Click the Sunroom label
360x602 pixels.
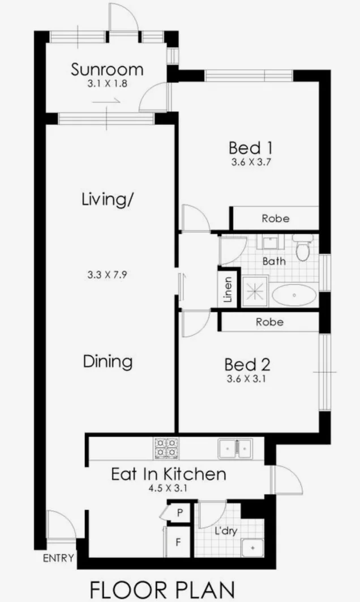pos(106,70)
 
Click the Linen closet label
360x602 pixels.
pos(228,291)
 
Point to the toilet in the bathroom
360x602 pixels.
pos(303,250)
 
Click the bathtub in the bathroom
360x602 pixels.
pos(294,295)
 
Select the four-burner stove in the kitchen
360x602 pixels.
pos(166,448)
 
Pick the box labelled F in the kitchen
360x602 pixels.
pos(178,542)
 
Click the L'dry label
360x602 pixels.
pos(225,532)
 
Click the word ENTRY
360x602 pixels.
pos(58,558)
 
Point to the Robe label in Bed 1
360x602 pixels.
pos(275,218)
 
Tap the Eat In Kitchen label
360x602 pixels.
pos(168,473)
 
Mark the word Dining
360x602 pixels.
pos(108,361)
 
